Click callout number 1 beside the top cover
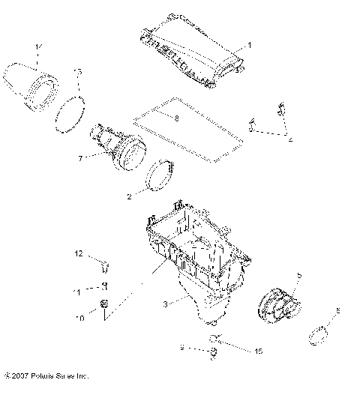pyautogui.click(x=250, y=45)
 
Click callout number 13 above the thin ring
pyautogui.click(x=77, y=71)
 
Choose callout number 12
pyautogui.click(x=77, y=255)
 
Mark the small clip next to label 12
pyautogui.click(x=104, y=262)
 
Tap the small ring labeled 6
pyautogui.click(x=321, y=333)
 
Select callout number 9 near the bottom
pyautogui.click(x=181, y=349)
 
